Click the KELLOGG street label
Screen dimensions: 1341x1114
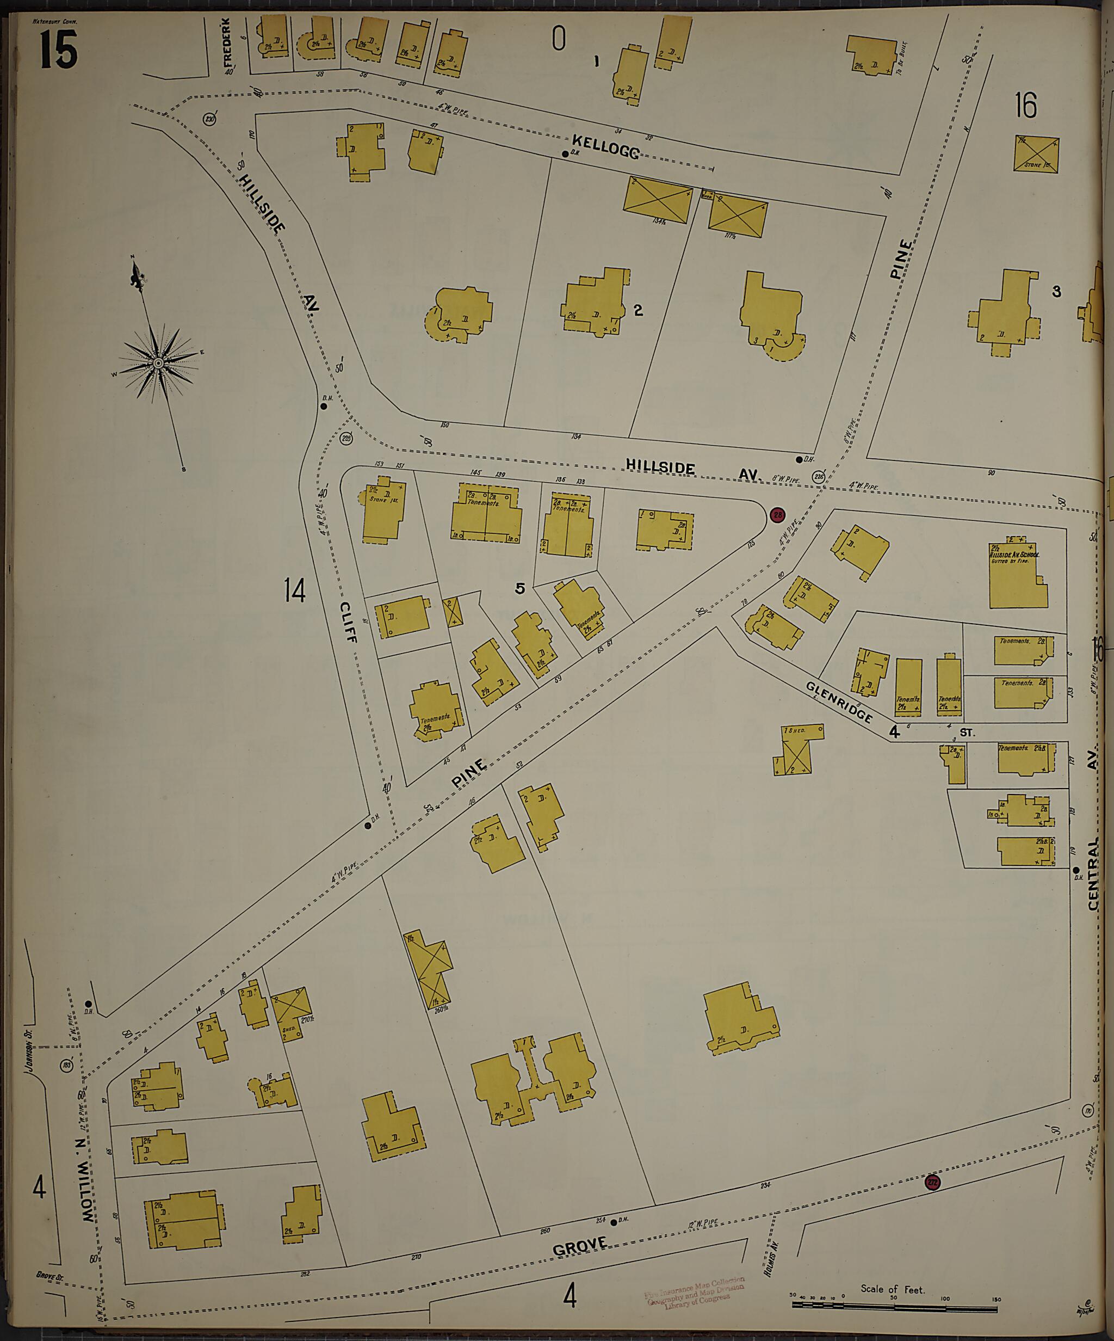pos(605,146)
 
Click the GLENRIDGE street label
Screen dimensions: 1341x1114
pos(839,702)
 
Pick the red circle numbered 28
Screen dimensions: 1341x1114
pos(777,515)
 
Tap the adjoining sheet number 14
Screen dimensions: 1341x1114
pos(294,590)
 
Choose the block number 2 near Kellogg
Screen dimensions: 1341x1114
pos(638,310)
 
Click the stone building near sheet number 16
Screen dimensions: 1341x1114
pos(1036,154)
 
